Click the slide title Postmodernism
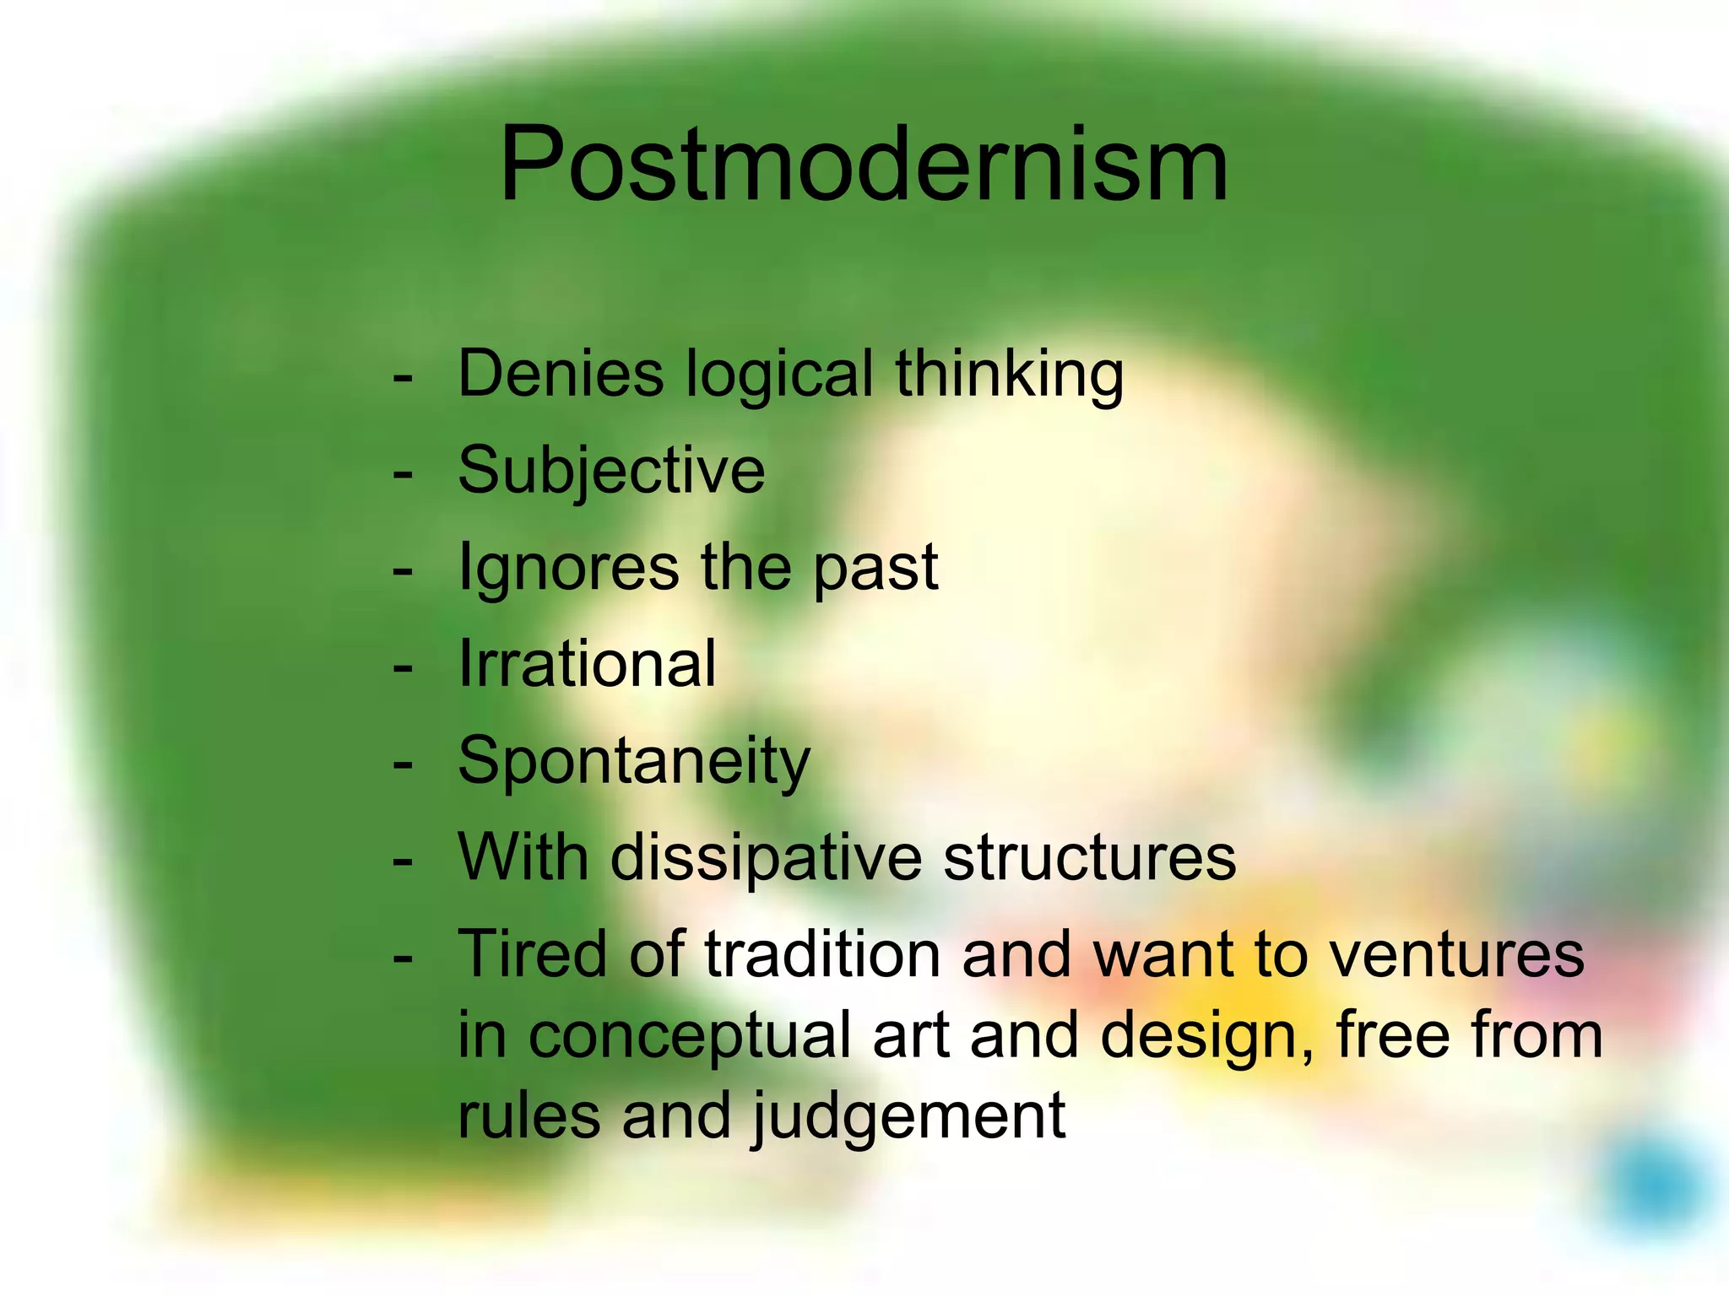click(x=863, y=165)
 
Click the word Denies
click(x=561, y=374)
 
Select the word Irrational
click(x=587, y=664)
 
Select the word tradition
click(x=822, y=954)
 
